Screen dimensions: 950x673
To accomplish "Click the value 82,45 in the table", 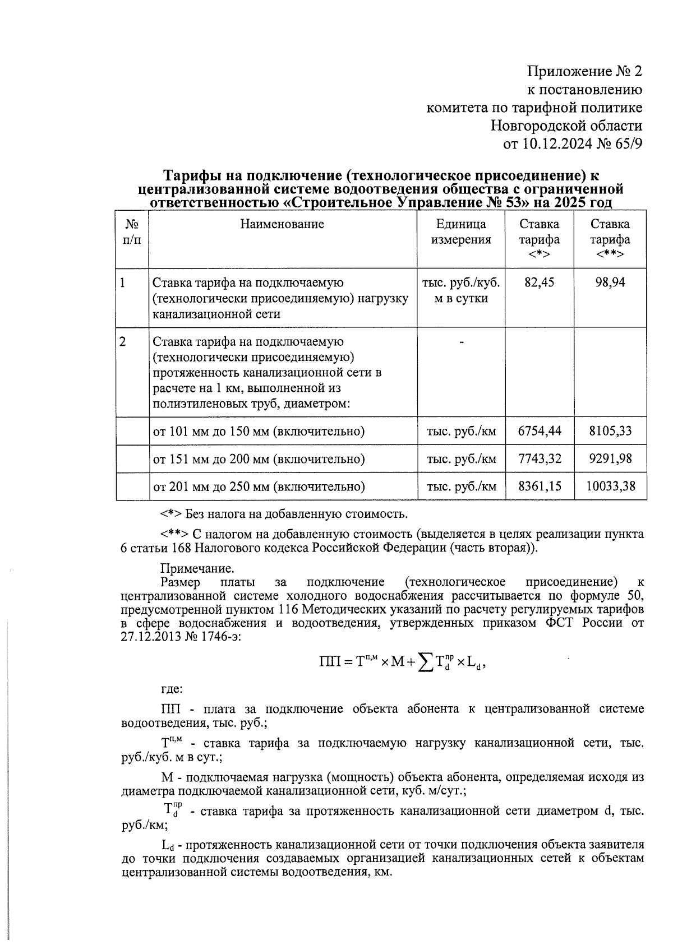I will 538,282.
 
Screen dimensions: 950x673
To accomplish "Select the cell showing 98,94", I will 610,282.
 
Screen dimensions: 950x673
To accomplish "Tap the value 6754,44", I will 540,431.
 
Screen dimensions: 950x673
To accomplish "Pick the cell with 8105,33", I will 610,431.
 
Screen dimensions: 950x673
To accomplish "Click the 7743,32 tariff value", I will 540,459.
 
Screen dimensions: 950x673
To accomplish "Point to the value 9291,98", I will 610,459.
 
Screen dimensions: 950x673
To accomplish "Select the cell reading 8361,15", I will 540,486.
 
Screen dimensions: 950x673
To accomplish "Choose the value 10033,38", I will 610,486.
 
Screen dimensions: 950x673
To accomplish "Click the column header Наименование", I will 282,225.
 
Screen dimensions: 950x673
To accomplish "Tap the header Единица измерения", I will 460,232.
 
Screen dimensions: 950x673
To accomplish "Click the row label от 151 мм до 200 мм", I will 259,459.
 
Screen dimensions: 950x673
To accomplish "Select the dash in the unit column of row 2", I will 461,342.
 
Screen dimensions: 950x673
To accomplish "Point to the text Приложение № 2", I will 584,72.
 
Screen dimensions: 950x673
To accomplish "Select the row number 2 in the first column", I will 123,342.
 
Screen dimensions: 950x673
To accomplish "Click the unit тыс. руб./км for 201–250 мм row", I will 461,486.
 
